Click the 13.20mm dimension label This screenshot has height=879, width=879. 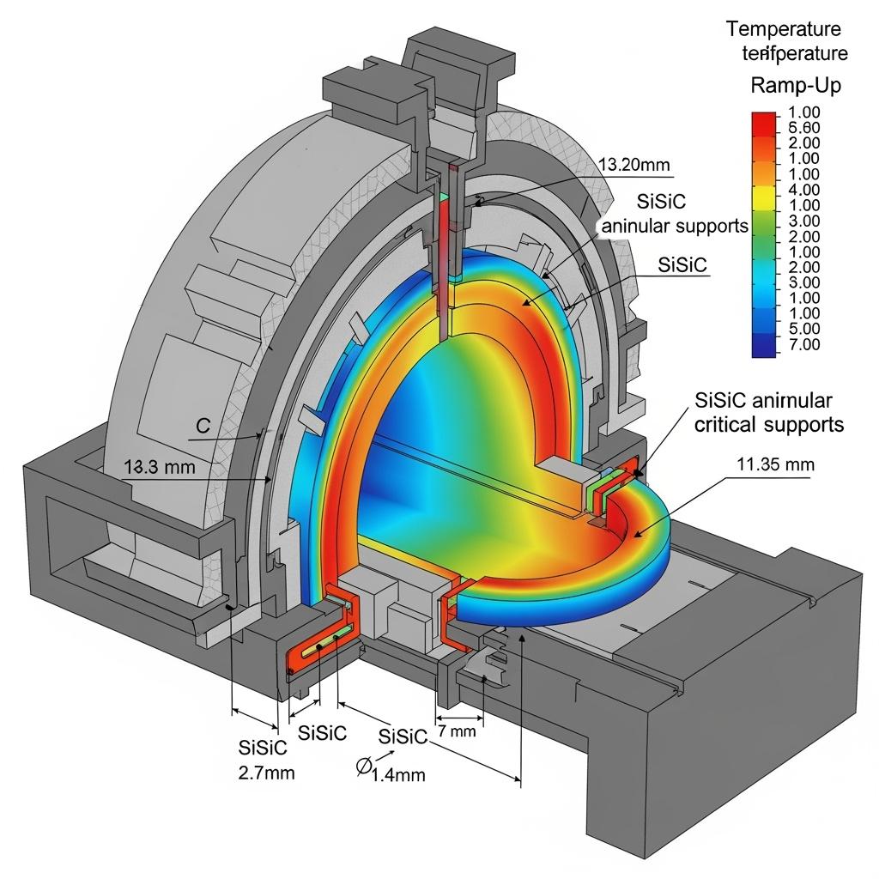633,165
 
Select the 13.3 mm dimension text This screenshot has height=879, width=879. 160,467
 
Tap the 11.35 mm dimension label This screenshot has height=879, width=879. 775,464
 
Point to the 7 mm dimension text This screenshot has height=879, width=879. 456,731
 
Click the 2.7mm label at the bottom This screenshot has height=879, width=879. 265,772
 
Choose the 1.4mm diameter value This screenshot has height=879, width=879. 397,774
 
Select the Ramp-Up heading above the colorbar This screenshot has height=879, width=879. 796,86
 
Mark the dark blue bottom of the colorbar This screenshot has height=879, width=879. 761,345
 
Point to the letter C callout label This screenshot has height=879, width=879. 203,425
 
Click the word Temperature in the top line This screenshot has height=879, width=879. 785,28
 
